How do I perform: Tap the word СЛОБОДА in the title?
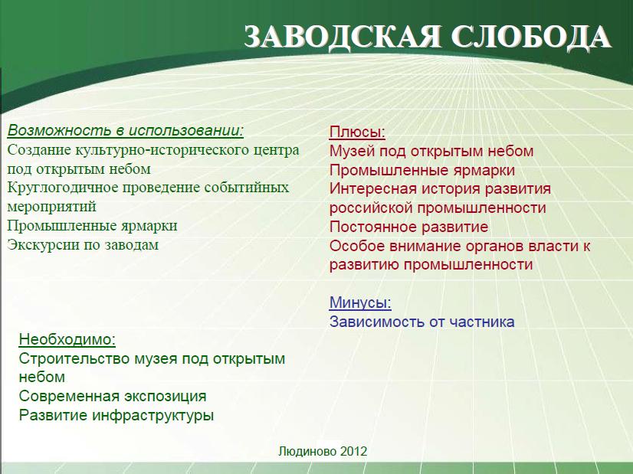click(x=530, y=37)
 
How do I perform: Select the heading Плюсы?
click(x=357, y=132)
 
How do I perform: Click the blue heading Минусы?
click(x=360, y=302)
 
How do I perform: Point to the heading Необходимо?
click(x=67, y=340)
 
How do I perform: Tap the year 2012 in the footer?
click(x=353, y=451)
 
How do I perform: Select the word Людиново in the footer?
click(x=307, y=451)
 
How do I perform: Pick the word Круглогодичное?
click(x=63, y=188)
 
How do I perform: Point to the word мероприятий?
click(x=51, y=208)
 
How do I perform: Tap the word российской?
click(x=371, y=208)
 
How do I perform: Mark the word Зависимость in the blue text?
click(x=374, y=322)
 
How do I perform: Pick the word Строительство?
click(x=74, y=358)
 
